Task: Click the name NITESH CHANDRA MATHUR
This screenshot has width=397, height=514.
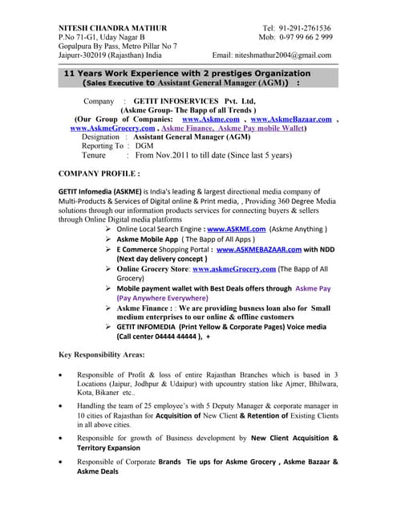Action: [x=109, y=27]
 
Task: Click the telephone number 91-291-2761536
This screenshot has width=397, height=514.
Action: [x=306, y=27]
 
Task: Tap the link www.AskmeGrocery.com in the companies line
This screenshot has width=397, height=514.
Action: [x=113, y=128]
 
